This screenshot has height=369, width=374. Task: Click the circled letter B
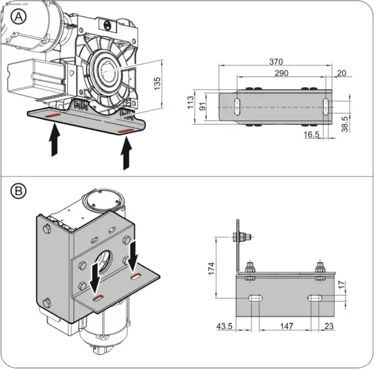click(x=20, y=193)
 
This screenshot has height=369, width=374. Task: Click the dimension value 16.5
click(x=311, y=135)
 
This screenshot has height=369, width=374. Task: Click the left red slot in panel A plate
click(x=52, y=116)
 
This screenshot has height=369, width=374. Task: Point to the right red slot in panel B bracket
click(x=137, y=277)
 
